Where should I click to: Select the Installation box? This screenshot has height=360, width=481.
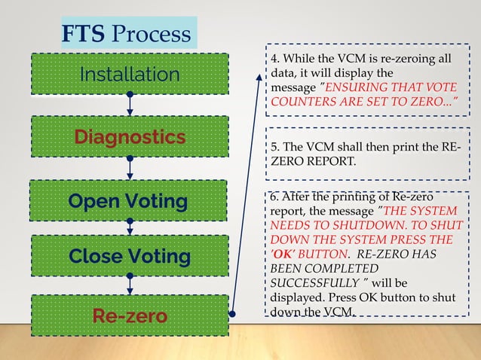130,74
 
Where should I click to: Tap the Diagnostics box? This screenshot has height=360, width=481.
130,137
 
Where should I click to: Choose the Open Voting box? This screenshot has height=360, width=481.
130,201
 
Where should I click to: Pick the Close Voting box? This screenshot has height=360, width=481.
130,256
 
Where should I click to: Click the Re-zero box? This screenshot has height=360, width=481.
130,316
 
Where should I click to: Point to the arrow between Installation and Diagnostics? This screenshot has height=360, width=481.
130,105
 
